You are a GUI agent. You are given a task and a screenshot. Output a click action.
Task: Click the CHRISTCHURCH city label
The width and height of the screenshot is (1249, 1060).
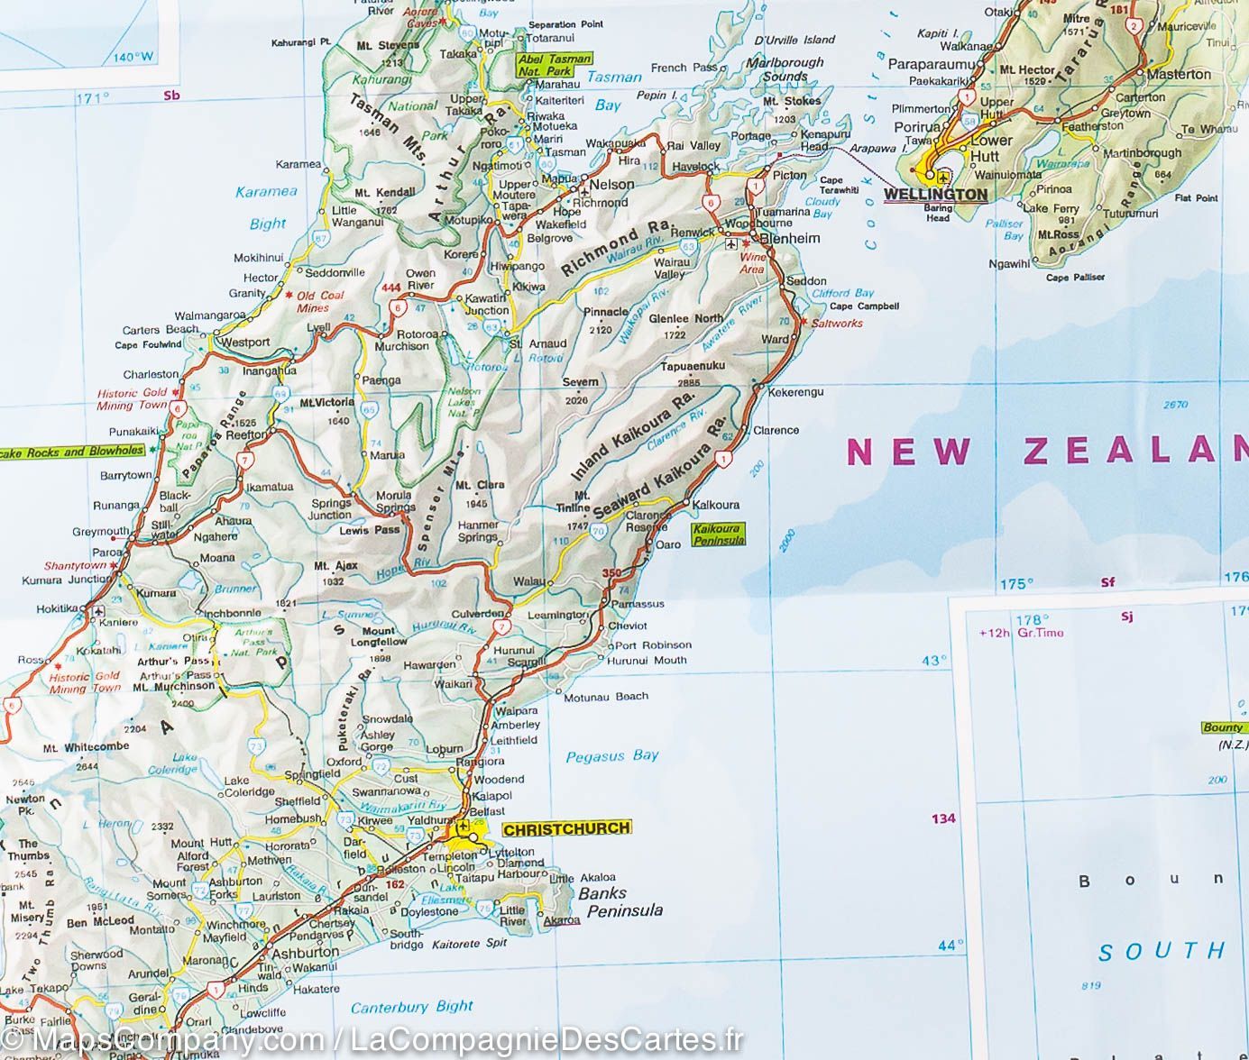tap(566, 828)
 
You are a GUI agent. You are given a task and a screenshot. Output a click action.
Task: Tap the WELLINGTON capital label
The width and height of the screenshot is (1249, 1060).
tap(935, 194)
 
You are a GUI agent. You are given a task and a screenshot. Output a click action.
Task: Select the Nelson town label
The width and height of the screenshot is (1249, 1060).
tap(611, 185)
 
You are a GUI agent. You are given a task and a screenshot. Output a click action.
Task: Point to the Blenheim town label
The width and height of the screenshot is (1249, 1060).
tap(790, 239)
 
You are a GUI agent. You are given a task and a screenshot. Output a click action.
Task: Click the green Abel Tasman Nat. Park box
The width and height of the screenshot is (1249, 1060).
tap(555, 65)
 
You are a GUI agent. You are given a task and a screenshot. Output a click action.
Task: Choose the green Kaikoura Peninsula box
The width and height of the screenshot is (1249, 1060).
tap(719, 535)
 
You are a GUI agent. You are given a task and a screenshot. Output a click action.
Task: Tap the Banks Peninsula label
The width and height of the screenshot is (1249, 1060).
tap(620, 901)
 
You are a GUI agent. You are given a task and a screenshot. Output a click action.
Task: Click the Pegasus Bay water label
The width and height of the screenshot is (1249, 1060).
tap(611, 756)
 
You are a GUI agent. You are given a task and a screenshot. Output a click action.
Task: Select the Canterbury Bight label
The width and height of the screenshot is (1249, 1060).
tap(411, 1006)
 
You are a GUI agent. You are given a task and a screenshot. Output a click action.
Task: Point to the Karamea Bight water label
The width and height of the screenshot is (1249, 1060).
tap(267, 207)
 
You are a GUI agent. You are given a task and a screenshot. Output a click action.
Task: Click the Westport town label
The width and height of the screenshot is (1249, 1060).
tap(244, 343)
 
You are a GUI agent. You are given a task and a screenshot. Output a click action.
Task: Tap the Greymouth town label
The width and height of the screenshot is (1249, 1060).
tap(101, 532)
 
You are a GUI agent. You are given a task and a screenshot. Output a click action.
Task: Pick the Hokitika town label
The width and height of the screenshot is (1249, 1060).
tap(58, 609)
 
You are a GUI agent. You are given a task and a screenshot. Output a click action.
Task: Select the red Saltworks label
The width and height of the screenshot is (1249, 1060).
tap(837, 323)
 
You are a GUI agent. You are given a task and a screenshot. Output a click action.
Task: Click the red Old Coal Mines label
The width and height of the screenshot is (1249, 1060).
tap(319, 301)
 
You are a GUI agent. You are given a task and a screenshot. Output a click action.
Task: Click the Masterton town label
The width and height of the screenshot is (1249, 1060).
tap(1179, 74)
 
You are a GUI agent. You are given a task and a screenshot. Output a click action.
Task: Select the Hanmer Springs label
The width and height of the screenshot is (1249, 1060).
tap(478, 531)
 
